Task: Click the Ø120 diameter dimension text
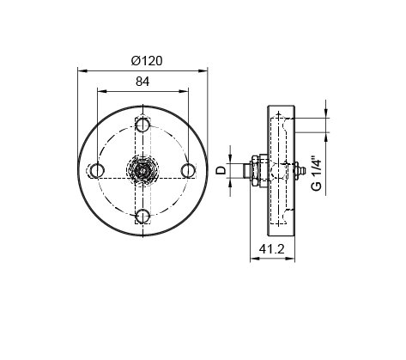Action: tap(147, 61)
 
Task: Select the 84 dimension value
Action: tap(142, 82)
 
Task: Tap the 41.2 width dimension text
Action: tap(272, 249)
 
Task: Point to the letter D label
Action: tap(221, 171)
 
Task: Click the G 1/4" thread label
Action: tap(317, 174)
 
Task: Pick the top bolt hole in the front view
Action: tap(142, 125)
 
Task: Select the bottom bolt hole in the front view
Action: tap(142, 217)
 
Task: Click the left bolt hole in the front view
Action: tap(97, 171)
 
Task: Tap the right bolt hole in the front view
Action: tap(188, 171)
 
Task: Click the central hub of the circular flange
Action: tap(142, 171)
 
